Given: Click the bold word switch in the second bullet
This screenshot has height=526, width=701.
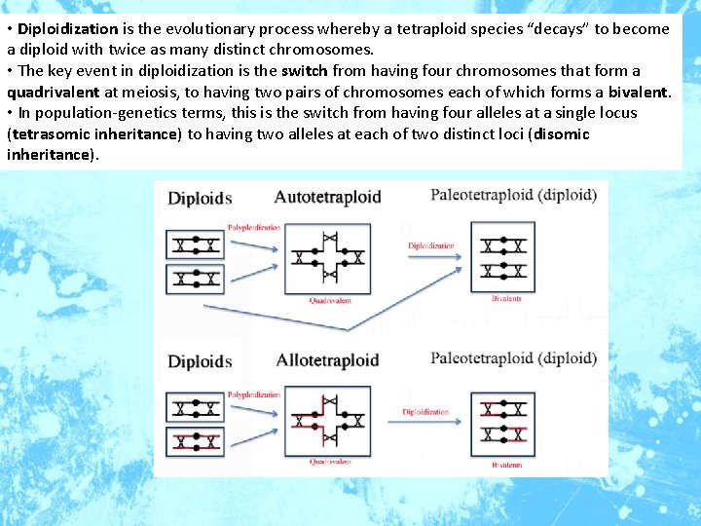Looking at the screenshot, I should pos(305,71).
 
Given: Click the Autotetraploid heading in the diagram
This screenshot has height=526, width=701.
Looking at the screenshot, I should pos(327,198).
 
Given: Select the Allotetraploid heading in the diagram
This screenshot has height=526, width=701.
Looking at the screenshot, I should pos(327,361).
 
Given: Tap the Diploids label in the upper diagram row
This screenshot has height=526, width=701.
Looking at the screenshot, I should pos(200,199).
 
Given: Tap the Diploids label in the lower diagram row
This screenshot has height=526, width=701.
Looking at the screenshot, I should pos(200,361).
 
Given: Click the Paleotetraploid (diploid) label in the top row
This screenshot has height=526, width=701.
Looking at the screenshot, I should pos(513,195).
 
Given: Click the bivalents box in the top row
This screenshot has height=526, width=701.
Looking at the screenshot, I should pos(502,256).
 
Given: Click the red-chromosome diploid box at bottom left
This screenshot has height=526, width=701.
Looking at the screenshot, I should pos(195,439).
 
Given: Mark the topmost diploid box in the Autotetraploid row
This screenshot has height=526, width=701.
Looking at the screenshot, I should pos(195,243).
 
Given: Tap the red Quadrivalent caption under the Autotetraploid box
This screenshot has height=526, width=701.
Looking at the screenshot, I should pos(330,301).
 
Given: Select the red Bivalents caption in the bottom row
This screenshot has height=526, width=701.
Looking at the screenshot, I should pos(506,465).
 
